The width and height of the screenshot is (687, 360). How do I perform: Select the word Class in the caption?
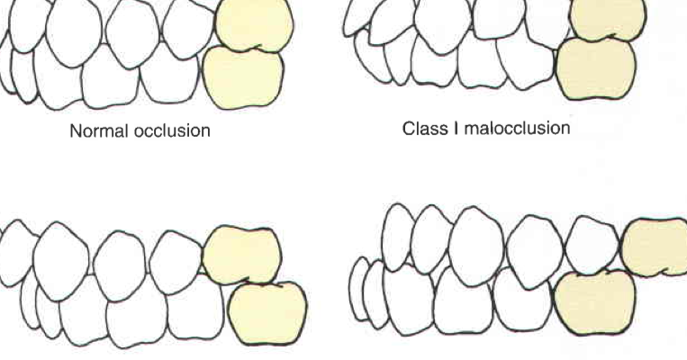(x=421, y=129)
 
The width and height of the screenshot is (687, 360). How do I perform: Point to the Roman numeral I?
(x=448, y=129)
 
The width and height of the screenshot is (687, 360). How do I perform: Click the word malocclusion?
(x=513, y=129)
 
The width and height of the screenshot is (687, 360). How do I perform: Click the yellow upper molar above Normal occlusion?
(x=255, y=24)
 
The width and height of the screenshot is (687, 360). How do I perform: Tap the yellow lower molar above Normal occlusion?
(x=244, y=77)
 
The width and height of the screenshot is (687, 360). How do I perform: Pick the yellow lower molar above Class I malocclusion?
(x=597, y=69)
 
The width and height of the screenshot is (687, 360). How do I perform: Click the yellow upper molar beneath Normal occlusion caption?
(x=240, y=256)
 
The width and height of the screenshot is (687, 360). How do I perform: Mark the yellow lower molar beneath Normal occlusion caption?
(x=267, y=312)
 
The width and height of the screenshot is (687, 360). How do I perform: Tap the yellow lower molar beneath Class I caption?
(x=595, y=301)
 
